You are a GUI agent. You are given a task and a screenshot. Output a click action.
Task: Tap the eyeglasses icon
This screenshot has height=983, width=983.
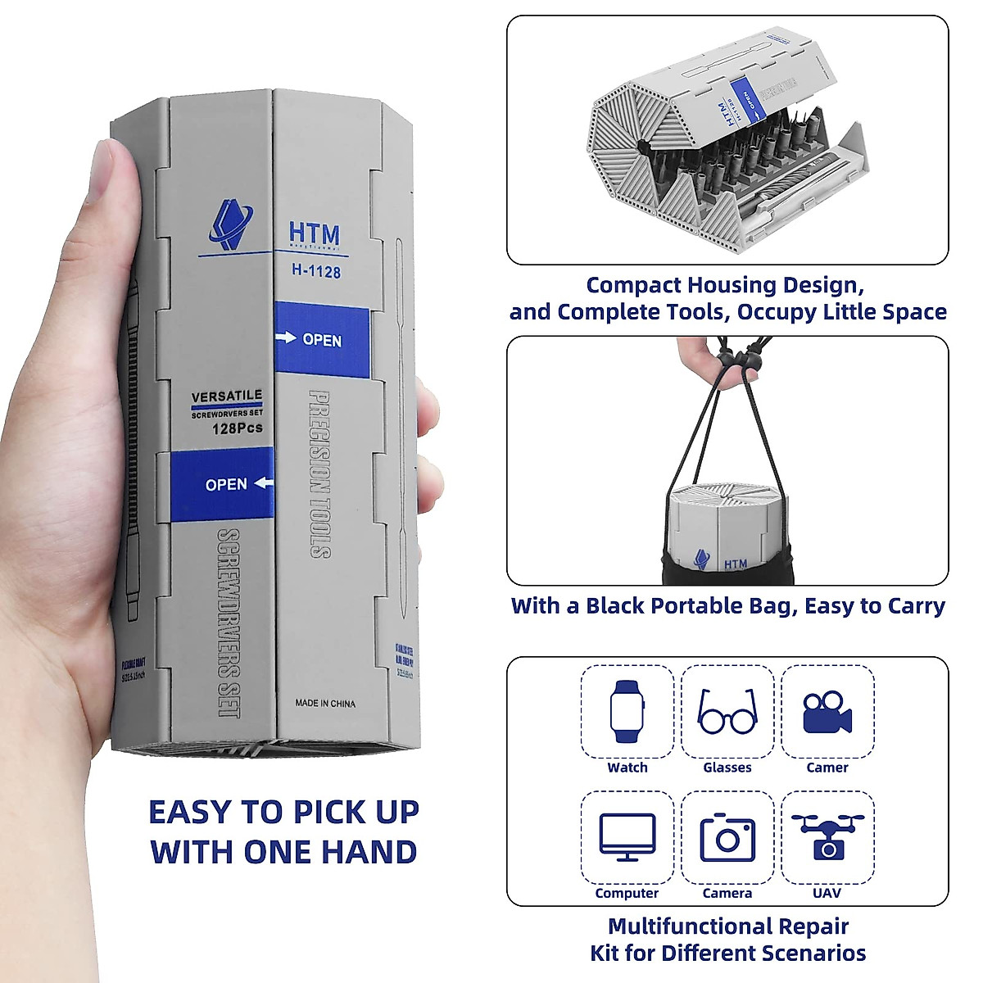coord(727,711)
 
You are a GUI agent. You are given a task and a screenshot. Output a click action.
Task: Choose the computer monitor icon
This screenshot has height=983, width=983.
coord(627,836)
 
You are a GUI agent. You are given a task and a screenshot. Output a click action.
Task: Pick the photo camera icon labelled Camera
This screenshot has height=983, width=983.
coord(727,837)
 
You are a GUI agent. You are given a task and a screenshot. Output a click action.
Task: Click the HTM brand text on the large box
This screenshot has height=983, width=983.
coord(314,233)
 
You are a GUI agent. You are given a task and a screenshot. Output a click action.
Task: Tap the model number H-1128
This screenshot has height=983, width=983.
coord(315,271)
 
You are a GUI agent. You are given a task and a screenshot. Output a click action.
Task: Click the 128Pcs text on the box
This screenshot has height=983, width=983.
coord(237,428)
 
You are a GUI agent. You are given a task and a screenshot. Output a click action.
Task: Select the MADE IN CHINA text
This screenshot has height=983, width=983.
coord(325,704)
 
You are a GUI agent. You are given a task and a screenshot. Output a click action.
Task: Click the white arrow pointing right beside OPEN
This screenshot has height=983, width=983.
coord(287,337)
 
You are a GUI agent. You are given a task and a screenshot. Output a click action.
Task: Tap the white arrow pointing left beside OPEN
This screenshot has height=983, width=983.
coord(263,483)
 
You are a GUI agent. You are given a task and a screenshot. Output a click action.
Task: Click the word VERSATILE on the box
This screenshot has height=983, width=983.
coord(227,396)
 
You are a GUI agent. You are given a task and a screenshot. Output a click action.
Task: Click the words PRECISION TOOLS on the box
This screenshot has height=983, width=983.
coord(320,473)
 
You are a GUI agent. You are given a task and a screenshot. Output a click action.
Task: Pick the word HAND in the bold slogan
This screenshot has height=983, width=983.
coord(369,852)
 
